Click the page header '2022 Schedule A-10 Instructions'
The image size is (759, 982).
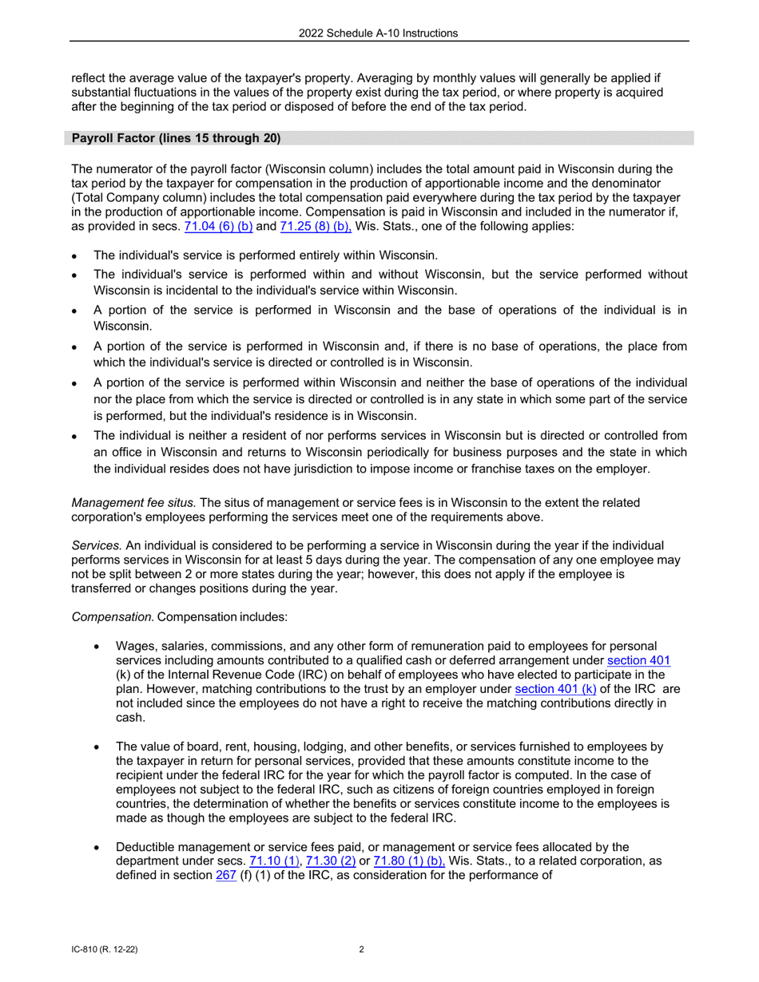click(379, 33)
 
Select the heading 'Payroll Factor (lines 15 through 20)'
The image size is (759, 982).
click(176, 138)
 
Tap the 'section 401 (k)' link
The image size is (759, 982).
click(555, 689)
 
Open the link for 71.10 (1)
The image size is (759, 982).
click(274, 861)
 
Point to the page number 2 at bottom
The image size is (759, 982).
click(362, 950)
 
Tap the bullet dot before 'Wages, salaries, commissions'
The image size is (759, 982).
click(97, 646)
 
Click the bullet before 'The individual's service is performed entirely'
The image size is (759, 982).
click(74, 256)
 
